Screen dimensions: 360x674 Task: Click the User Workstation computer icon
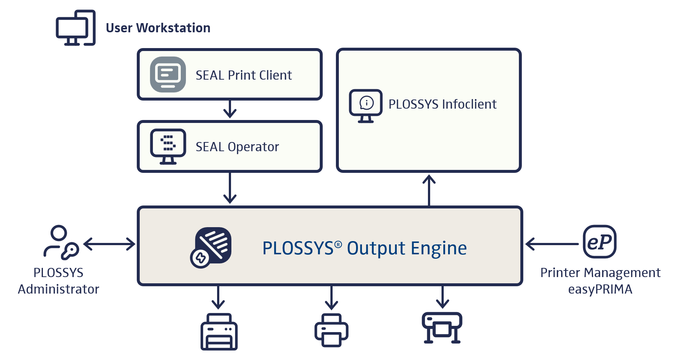(x=76, y=28)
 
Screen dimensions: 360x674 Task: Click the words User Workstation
(x=158, y=28)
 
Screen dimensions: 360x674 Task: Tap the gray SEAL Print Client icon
(x=168, y=74)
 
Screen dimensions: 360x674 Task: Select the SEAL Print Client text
(x=243, y=75)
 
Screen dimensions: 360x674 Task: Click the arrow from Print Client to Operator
(x=230, y=109)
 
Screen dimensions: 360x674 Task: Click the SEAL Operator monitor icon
(x=168, y=146)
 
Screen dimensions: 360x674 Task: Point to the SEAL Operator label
(x=237, y=147)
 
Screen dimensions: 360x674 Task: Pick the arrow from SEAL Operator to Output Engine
(x=230, y=188)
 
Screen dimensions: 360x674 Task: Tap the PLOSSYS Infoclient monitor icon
(x=366, y=105)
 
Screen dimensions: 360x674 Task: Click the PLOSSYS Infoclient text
(x=442, y=104)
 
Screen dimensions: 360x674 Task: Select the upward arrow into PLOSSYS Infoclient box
(x=429, y=190)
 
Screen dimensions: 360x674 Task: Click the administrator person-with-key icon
(x=61, y=242)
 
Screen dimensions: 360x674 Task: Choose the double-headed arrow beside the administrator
(x=109, y=244)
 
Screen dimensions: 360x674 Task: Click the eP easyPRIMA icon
(x=600, y=242)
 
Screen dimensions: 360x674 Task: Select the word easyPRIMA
(x=600, y=289)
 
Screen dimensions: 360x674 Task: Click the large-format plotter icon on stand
(x=442, y=328)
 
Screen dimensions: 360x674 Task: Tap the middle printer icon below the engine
(x=331, y=330)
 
